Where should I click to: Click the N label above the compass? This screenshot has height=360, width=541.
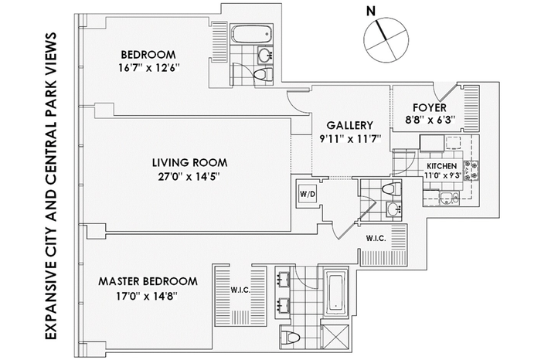(x=370, y=12)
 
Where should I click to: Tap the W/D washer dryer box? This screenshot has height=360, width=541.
(x=307, y=194)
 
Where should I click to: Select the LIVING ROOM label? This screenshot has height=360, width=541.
(x=190, y=162)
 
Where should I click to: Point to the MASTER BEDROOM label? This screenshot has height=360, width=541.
(x=148, y=281)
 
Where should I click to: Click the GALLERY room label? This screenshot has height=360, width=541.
(x=350, y=125)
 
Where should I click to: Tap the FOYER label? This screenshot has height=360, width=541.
(x=430, y=107)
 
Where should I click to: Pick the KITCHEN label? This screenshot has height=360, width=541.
(x=441, y=166)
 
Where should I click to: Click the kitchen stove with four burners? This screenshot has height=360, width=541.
(x=471, y=171)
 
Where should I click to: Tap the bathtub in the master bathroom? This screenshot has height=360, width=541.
(x=336, y=293)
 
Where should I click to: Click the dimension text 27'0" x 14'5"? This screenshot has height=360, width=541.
(x=189, y=177)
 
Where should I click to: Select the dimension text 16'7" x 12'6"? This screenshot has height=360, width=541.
(x=149, y=68)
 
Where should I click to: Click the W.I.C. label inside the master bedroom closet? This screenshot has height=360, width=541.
(x=240, y=290)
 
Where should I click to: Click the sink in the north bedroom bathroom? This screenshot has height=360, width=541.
(x=265, y=54)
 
